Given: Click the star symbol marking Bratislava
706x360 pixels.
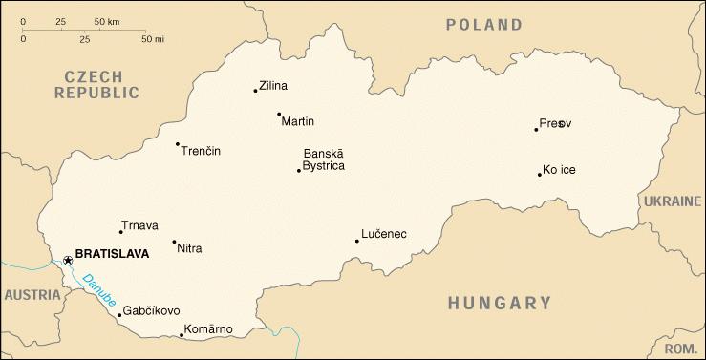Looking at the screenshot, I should coord(67,260).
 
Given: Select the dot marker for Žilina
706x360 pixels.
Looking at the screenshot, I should coord(255,91).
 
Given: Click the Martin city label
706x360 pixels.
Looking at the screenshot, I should coord(298,121).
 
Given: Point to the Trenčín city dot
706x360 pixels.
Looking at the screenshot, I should coord(178,144).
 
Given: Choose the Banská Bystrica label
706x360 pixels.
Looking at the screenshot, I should coord(323,159).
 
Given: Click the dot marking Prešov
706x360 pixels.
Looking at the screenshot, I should coord(536,129).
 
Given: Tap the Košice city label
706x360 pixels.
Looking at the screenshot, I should coord(559,170).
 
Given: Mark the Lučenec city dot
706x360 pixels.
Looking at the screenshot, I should coord(357,241).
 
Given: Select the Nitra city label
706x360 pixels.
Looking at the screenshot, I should coord(190,248).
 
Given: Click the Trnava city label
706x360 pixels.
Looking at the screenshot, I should coord(139,225).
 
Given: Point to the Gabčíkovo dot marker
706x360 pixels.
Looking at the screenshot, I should coord(119,314).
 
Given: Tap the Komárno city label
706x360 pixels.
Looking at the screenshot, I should coord(209,329).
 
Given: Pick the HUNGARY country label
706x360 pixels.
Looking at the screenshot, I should coord(500,304).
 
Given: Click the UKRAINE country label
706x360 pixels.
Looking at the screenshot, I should coord(672,202).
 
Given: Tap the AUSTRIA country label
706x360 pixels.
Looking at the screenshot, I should coord(32,295).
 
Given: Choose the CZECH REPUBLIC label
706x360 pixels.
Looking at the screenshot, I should coord(96,84).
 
